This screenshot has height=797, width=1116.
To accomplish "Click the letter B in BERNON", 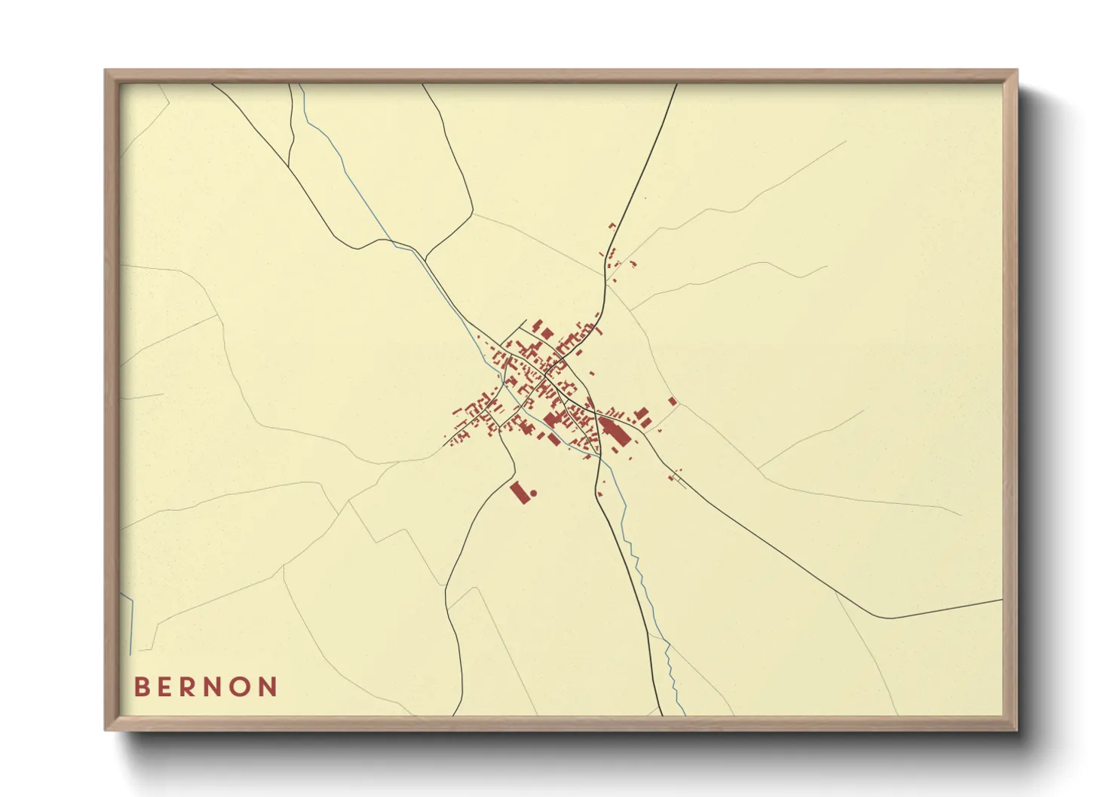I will pyautogui.click(x=141, y=687).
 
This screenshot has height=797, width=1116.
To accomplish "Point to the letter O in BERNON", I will pyautogui.click(x=243, y=687).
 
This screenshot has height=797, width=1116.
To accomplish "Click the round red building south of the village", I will pyautogui.click(x=533, y=493).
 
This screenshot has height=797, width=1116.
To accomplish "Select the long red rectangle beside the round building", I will pyautogui.click(x=519, y=492).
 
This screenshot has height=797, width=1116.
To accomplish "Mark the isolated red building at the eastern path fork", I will pyautogui.click(x=673, y=402).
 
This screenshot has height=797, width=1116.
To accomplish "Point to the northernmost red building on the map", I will pyautogui.click(x=612, y=225).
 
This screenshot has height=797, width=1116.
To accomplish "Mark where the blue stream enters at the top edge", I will pyautogui.click(x=300, y=85).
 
